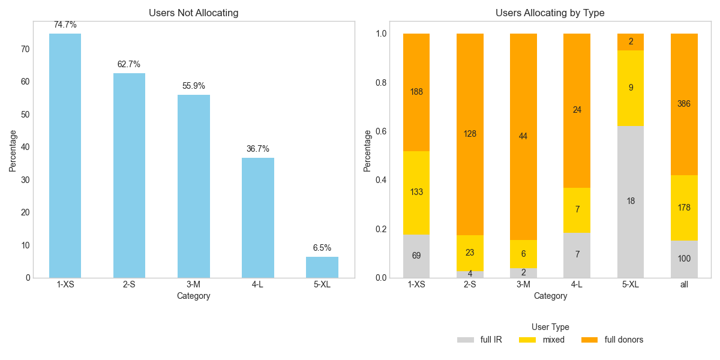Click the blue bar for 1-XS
65,156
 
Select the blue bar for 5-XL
322,268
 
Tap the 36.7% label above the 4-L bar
258,149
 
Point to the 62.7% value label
129,64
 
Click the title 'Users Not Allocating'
193,13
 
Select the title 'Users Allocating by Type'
550,13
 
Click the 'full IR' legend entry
480,340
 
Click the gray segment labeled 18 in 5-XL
630,202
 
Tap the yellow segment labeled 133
416,193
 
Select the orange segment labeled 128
470,134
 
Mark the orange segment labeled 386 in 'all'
683,104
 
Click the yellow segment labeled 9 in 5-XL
630,88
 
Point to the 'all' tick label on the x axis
684,284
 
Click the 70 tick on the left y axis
25,49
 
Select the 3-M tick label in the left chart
193,284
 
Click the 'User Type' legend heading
550,327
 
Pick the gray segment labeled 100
683,259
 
